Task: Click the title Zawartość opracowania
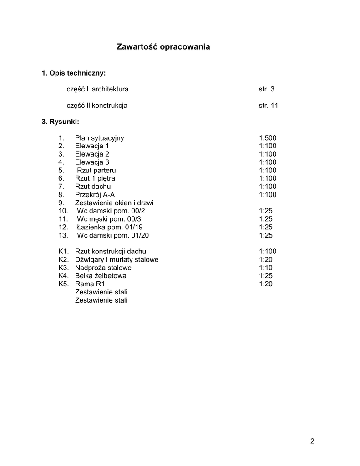point(163,46)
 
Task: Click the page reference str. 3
point(267,89)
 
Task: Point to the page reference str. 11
point(269,106)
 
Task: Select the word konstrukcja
point(110,106)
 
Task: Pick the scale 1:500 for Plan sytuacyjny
point(268,138)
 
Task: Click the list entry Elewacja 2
point(92,154)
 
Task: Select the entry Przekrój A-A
point(95,195)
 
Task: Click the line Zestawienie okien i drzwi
point(114,203)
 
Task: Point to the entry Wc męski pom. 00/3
point(109,219)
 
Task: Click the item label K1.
point(63,251)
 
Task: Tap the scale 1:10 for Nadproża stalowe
point(266,268)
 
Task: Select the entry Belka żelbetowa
point(101,276)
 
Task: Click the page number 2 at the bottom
point(312,441)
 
